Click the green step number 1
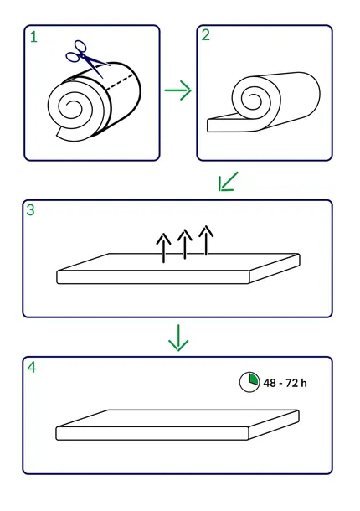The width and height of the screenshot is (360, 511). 33,37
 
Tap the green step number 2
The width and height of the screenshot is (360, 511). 206,35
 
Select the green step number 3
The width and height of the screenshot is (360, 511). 30,210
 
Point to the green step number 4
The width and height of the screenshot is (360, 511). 32,367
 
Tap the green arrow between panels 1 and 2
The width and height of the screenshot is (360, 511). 177,90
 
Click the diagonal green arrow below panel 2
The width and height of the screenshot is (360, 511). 228,181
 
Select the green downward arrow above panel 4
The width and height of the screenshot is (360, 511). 178,338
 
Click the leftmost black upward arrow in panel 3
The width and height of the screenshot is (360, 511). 163,248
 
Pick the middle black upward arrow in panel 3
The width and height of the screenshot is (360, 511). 185,244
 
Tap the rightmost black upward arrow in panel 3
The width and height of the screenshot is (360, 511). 206,240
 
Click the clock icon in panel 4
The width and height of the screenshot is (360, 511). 249,382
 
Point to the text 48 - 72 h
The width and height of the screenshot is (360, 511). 285,383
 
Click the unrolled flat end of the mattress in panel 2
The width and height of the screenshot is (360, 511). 228,125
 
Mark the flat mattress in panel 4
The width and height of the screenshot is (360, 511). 177,425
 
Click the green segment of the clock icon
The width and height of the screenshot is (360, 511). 254,379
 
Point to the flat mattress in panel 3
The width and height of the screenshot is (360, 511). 178,269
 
